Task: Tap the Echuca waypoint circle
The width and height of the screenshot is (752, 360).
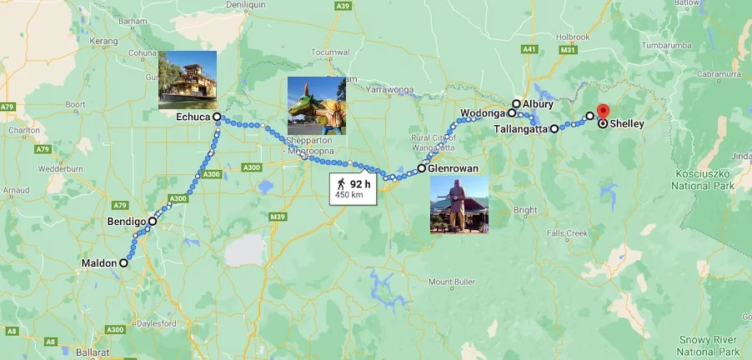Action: click(x=217, y=117)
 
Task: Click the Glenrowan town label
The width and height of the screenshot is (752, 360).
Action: click(x=454, y=168)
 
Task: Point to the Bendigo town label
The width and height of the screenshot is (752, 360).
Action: click(x=127, y=222)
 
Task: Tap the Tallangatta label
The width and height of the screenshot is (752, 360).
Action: click(x=519, y=129)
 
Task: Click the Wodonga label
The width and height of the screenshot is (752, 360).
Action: click(x=483, y=112)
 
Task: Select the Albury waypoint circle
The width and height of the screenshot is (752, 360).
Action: click(x=517, y=104)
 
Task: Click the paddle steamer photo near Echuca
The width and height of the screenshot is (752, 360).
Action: click(x=188, y=80)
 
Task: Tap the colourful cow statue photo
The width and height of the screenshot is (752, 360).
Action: click(x=316, y=106)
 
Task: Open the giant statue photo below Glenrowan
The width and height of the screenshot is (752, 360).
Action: click(x=459, y=204)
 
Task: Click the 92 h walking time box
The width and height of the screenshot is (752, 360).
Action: click(x=354, y=188)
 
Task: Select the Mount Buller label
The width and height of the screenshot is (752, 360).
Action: click(x=453, y=282)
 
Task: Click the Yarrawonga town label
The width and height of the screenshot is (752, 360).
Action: click(x=389, y=87)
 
